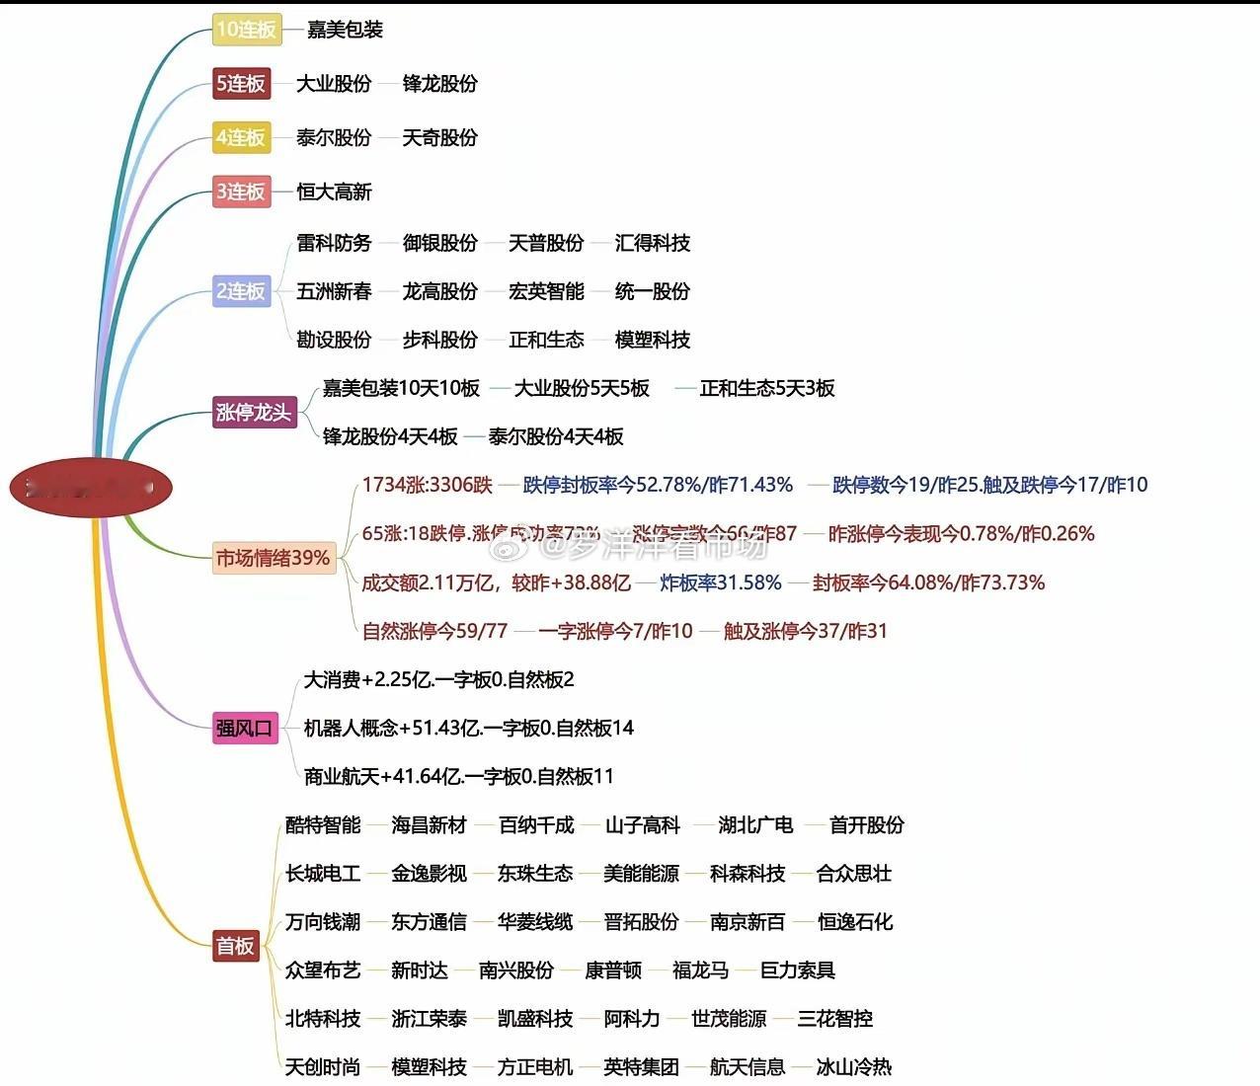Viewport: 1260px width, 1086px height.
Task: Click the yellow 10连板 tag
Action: pos(246,30)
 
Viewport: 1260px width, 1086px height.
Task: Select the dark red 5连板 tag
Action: pos(241,84)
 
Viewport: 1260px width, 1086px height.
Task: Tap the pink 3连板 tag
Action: pos(241,192)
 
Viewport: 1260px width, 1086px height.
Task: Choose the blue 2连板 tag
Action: pos(241,291)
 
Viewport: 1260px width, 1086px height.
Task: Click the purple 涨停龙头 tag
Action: pos(254,413)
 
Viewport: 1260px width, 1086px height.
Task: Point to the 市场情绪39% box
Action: pos(274,558)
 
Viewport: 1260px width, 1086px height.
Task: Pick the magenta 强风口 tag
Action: pos(244,729)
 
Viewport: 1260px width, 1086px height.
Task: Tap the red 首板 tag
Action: pos(235,946)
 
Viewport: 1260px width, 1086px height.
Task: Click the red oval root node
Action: pos(91,487)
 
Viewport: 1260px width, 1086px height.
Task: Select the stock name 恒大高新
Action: pos(334,192)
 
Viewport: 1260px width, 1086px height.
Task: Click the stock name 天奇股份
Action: pos(439,137)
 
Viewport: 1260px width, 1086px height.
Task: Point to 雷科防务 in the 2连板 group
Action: pos(334,243)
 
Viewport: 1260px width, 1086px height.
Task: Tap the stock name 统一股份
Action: pos(652,291)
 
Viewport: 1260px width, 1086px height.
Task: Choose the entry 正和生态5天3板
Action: pos(766,388)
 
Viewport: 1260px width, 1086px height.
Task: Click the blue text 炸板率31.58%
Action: pos(720,582)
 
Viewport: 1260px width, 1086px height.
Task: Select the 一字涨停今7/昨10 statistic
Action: pos(615,631)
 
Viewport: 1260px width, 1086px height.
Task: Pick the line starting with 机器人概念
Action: pos(468,728)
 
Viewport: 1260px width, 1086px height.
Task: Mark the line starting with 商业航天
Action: pos(458,776)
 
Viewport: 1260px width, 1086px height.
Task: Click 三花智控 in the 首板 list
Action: pos(834,1018)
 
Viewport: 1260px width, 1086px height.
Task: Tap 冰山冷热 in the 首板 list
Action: pos(853,1066)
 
